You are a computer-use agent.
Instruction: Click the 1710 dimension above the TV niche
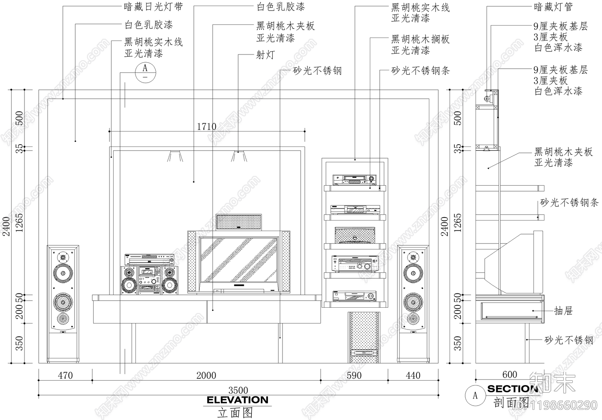(207, 127)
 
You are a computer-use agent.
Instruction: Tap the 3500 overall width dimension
(238, 390)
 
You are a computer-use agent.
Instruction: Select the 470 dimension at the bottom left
(65, 375)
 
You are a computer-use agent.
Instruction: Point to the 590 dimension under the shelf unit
(354, 375)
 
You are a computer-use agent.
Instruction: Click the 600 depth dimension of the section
(509, 375)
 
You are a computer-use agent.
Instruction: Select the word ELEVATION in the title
(237, 400)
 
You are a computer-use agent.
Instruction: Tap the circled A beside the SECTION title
(475, 396)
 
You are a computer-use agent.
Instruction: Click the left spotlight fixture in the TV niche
(175, 156)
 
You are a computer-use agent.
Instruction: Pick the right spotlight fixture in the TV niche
(239, 156)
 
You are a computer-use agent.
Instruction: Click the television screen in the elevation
(239, 260)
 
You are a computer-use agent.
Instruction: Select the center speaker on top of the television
(239, 222)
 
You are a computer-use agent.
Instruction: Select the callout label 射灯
(265, 55)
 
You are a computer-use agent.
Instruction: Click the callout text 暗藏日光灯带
(153, 7)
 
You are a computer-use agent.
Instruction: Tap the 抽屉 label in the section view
(563, 311)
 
